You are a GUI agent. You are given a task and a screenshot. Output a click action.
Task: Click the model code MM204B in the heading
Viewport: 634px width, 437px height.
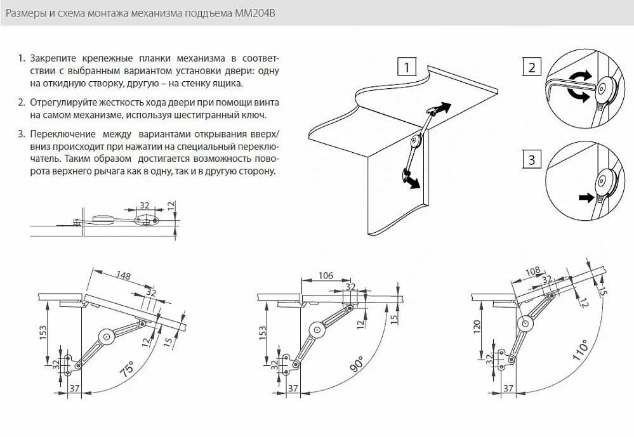pyautogui.click(x=255, y=13)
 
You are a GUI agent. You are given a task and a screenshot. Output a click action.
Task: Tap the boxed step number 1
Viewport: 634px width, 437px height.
pyautogui.click(x=407, y=67)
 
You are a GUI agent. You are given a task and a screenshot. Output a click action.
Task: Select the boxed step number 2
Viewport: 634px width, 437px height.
pyautogui.click(x=532, y=67)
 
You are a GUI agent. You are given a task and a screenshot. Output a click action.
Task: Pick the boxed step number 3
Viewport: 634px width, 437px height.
pyautogui.click(x=532, y=160)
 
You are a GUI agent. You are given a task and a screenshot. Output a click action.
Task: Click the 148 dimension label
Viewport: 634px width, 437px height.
pyautogui.click(x=123, y=275)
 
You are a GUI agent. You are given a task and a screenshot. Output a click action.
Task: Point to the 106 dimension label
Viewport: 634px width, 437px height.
pyautogui.click(x=326, y=276)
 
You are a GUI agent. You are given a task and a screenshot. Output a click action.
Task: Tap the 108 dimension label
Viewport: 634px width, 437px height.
pyautogui.click(x=532, y=271)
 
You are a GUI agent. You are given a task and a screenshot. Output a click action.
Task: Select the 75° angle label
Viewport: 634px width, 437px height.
pyautogui.click(x=127, y=369)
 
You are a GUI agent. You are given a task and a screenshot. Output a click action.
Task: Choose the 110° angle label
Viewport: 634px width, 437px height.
pyautogui.click(x=580, y=351)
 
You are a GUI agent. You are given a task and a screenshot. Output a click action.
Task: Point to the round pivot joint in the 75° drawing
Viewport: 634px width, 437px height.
pyautogui.click(x=107, y=336)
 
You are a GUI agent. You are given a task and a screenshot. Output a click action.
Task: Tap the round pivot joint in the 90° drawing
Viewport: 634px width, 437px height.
pyautogui.click(x=317, y=330)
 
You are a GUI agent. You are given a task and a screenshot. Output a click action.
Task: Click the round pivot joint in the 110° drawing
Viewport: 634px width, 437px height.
pyautogui.click(x=525, y=323)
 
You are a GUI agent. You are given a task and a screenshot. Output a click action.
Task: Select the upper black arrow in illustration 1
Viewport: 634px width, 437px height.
pyautogui.click(x=444, y=108)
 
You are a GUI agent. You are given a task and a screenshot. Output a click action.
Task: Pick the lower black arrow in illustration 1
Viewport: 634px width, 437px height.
pyautogui.click(x=413, y=183)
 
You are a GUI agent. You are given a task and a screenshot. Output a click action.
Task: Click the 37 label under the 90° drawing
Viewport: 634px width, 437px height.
pyautogui.click(x=293, y=388)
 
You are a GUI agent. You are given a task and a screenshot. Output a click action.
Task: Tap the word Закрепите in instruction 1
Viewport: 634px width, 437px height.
pyautogui.click(x=53, y=58)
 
